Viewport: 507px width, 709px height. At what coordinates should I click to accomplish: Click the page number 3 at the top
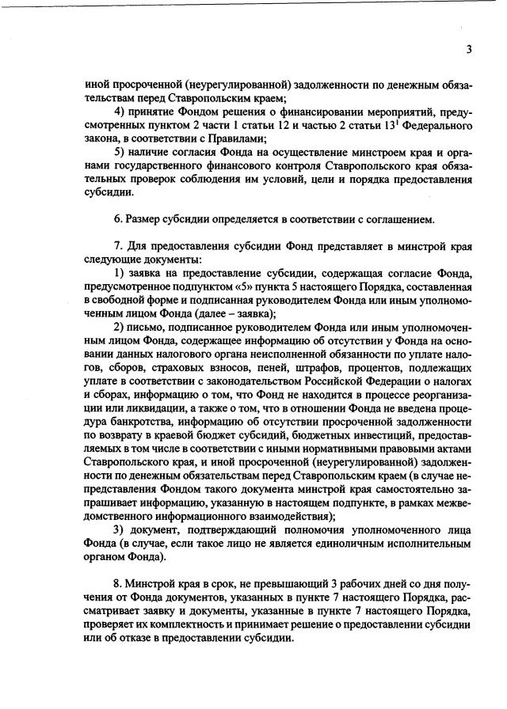(x=469, y=49)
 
